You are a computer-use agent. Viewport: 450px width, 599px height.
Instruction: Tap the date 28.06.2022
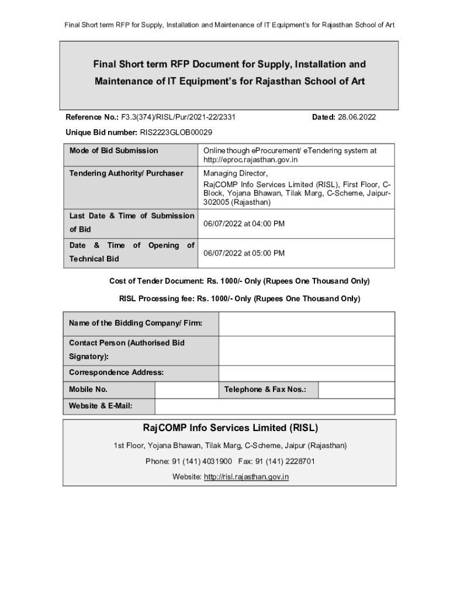pos(356,118)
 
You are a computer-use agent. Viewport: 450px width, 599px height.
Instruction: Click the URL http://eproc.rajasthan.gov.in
pos(251,160)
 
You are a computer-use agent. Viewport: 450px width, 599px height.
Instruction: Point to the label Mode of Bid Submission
pos(113,151)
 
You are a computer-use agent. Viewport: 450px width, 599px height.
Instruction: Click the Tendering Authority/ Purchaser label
pos(126,174)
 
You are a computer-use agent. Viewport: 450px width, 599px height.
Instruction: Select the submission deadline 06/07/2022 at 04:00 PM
pos(244,224)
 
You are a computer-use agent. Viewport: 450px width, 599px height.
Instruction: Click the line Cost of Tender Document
pos(240,281)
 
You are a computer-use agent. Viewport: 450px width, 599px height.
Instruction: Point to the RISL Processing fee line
pos(240,299)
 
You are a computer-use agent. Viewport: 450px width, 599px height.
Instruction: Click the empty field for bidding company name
pos(306,324)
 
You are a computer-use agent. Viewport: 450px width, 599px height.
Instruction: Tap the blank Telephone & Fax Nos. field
pos(356,390)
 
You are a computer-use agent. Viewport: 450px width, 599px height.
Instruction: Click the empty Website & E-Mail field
pos(275,406)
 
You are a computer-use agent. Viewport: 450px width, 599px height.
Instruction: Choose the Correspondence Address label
pos(116,373)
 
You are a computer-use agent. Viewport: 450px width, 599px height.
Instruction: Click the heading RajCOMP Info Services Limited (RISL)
pos(230,428)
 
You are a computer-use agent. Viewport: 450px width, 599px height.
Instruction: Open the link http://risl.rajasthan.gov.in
pos(246,477)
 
